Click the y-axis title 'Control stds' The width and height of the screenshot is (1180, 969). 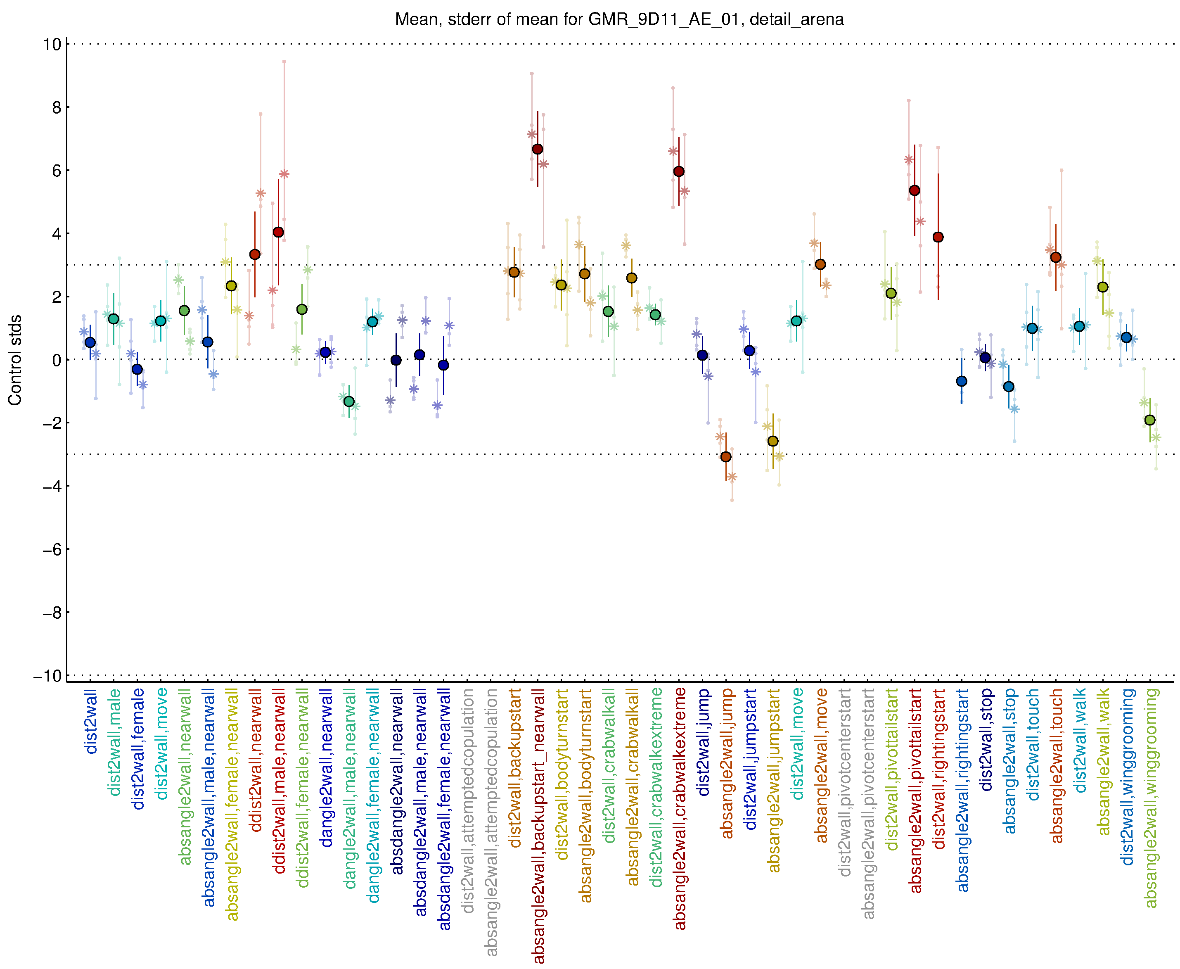tap(15, 360)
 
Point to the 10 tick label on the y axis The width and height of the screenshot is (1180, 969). tap(52, 44)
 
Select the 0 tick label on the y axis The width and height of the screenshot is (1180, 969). tap(56, 360)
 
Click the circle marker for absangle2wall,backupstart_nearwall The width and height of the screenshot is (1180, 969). tap(537, 149)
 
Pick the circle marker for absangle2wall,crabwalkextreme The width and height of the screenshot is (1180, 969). tap(678, 171)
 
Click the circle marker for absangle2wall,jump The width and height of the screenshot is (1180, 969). tap(726, 456)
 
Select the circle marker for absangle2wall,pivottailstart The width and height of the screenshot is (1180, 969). tap(915, 191)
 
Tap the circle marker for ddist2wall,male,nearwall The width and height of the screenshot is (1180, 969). tap(278, 232)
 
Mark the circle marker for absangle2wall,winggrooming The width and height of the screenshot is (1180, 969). tap(1150, 420)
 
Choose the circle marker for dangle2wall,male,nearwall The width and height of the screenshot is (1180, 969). tap(349, 401)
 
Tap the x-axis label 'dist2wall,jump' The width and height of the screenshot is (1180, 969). tap(703, 742)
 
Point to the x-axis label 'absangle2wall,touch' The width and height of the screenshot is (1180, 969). tap(1057, 766)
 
